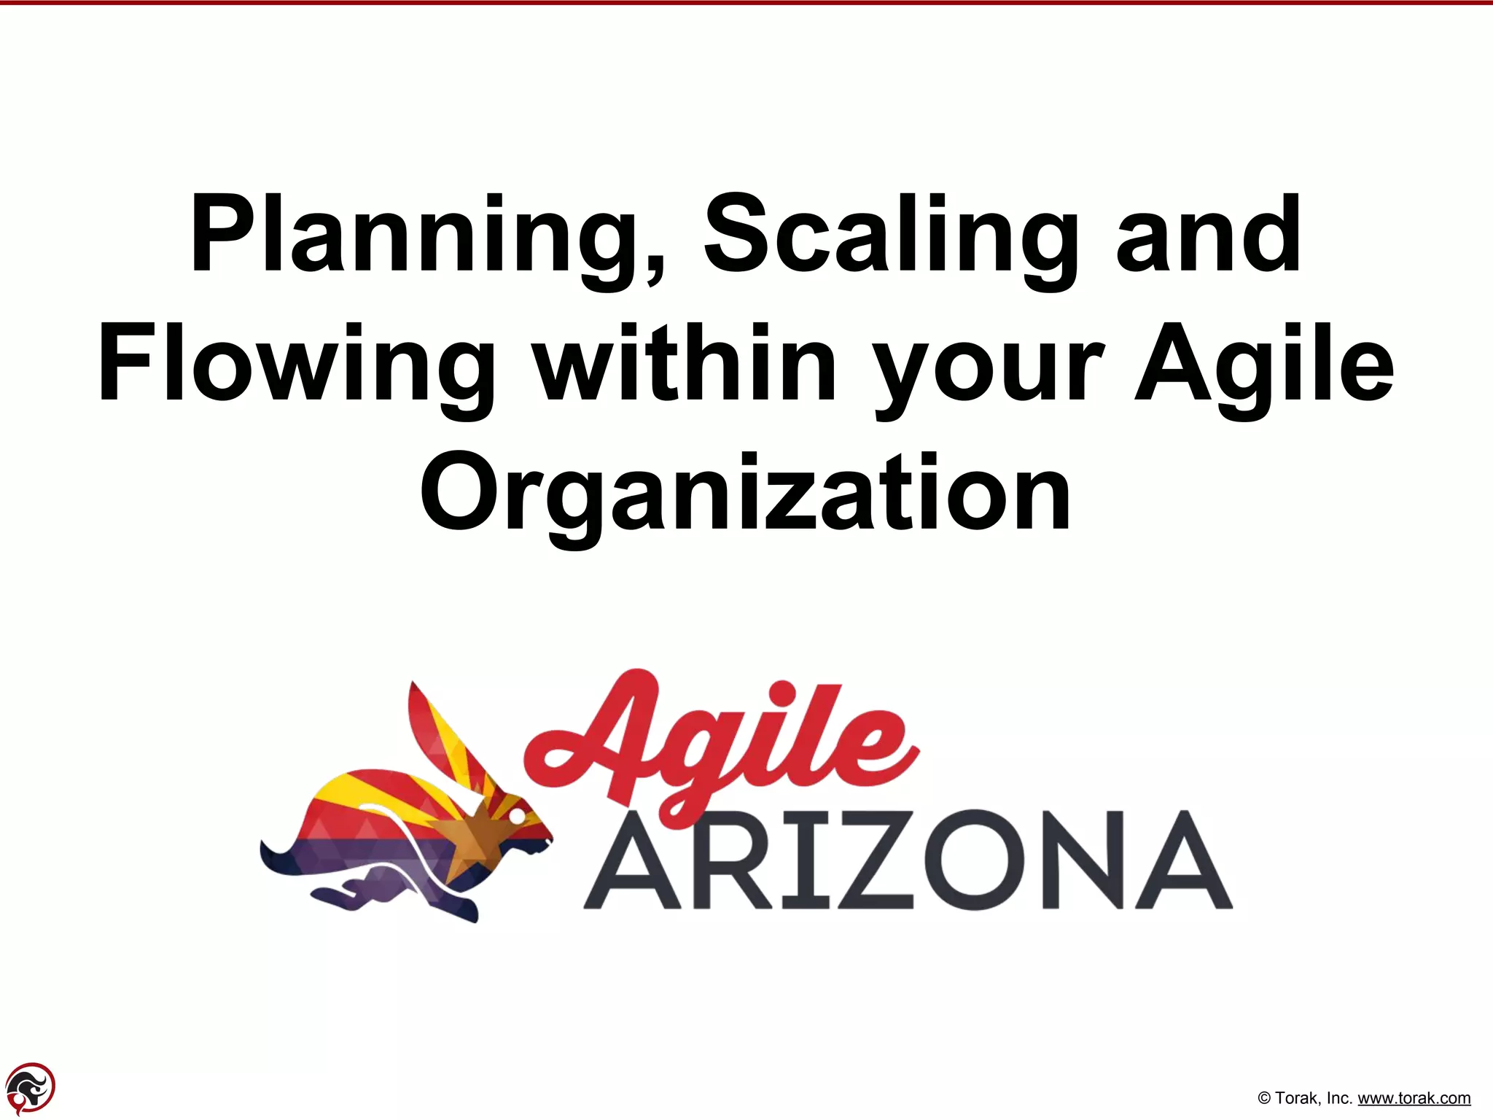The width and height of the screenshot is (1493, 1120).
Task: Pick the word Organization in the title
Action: [745, 494]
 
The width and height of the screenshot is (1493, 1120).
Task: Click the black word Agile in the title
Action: [1264, 365]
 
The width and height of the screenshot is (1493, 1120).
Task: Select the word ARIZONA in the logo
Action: [908, 860]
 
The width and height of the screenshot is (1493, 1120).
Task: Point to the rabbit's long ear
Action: [445, 736]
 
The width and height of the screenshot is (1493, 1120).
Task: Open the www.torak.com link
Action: [1414, 1098]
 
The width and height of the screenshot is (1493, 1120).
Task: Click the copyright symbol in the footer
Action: [1265, 1099]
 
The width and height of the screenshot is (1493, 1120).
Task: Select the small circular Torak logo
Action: [30, 1088]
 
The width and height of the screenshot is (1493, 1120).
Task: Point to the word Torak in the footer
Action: [1296, 1098]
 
